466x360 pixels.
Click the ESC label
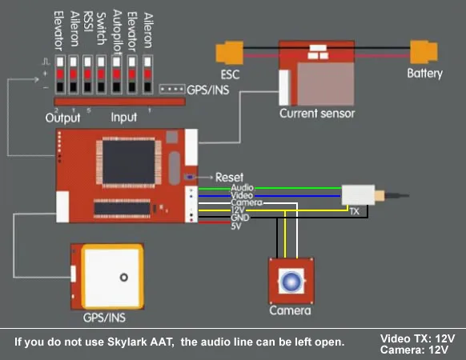coord(230,74)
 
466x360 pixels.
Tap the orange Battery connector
coord(424,52)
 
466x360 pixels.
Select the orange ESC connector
coord(230,53)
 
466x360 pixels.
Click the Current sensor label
coord(317,114)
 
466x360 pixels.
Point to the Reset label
coord(229,178)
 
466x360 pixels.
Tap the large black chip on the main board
coord(128,162)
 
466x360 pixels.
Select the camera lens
coord(291,281)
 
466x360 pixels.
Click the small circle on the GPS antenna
coord(123,278)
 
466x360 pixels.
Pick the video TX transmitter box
coord(358,195)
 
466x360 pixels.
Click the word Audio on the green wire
coord(243,188)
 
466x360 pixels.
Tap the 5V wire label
coord(236,226)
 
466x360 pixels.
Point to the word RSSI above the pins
coord(88,22)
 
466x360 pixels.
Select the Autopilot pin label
coord(117,32)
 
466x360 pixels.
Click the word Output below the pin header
coord(62,118)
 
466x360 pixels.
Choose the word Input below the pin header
coord(123,118)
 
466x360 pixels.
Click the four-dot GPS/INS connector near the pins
coord(172,89)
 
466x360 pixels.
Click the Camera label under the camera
coord(290,310)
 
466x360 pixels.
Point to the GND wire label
coord(240,218)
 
